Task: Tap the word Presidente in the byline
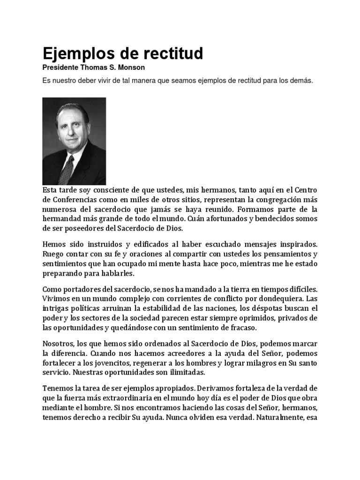click(60, 67)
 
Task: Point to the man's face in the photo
click(71, 128)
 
